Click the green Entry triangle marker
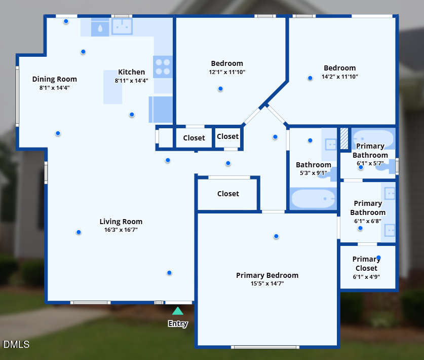click(x=177, y=311)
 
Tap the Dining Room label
click(x=55, y=79)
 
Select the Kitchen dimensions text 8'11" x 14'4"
click(x=131, y=80)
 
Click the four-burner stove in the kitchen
click(x=163, y=66)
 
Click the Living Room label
click(x=121, y=222)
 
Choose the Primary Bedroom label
click(x=267, y=275)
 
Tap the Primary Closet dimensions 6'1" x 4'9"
click(x=366, y=277)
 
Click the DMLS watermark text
click(x=16, y=345)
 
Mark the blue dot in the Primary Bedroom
click(x=276, y=236)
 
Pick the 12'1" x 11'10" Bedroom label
click(x=227, y=63)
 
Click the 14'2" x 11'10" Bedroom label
click(x=339, y=68)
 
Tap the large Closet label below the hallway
click(x=228, y=194)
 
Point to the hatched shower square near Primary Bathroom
click(x=344, y=138)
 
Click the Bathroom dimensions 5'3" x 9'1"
click(x=314, y=173)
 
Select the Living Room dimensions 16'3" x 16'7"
click(x=121, y=230)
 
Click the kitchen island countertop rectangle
click(x=112, y=87)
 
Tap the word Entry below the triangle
click(x=178, y=324)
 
